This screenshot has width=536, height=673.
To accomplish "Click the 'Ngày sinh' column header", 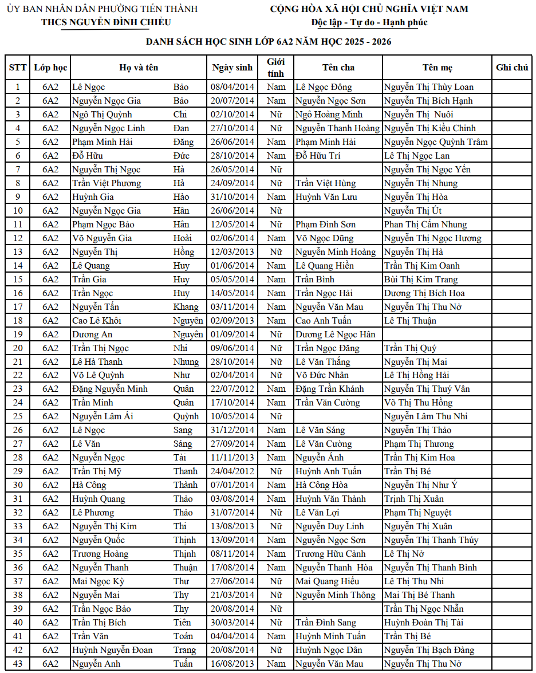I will click(x=232, y=68).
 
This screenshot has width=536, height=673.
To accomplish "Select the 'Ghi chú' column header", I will click(x=512, y=68).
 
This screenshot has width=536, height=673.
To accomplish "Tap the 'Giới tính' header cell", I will click(x=276, y=68).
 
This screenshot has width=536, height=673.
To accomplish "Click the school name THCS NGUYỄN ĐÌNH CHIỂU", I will click(x=106, y=22).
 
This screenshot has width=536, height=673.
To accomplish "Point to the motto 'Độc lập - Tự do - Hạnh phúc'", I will click(x=369, y=22).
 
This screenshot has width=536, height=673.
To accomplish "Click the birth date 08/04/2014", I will click(x=232, y=87).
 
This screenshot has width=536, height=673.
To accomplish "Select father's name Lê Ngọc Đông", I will click(x=324, y=87).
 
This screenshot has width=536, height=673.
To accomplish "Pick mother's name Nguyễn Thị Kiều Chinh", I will click(x=429, y=128).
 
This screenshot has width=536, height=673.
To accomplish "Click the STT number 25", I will click(x=18, y=416).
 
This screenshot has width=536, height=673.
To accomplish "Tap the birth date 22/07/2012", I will click(x=232, y=389).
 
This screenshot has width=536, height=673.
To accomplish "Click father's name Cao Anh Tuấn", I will click(x=324, y=321).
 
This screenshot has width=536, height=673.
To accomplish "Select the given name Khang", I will click(x=186, y=307).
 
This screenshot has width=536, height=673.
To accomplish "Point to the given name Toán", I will click(x=183, y=636).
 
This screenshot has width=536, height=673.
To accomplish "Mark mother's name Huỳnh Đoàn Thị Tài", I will click(x=424, y=623).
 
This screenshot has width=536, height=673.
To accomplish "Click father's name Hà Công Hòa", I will click(x=322, y=485).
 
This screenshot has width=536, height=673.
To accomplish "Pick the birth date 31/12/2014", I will click(x=232, y=430).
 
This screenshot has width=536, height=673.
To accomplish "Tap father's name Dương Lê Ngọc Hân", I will click(x=336, y=334).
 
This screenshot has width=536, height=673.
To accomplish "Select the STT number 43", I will click(x=18, y=664).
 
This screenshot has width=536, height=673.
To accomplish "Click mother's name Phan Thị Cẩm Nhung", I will click(x=425, y=225).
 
